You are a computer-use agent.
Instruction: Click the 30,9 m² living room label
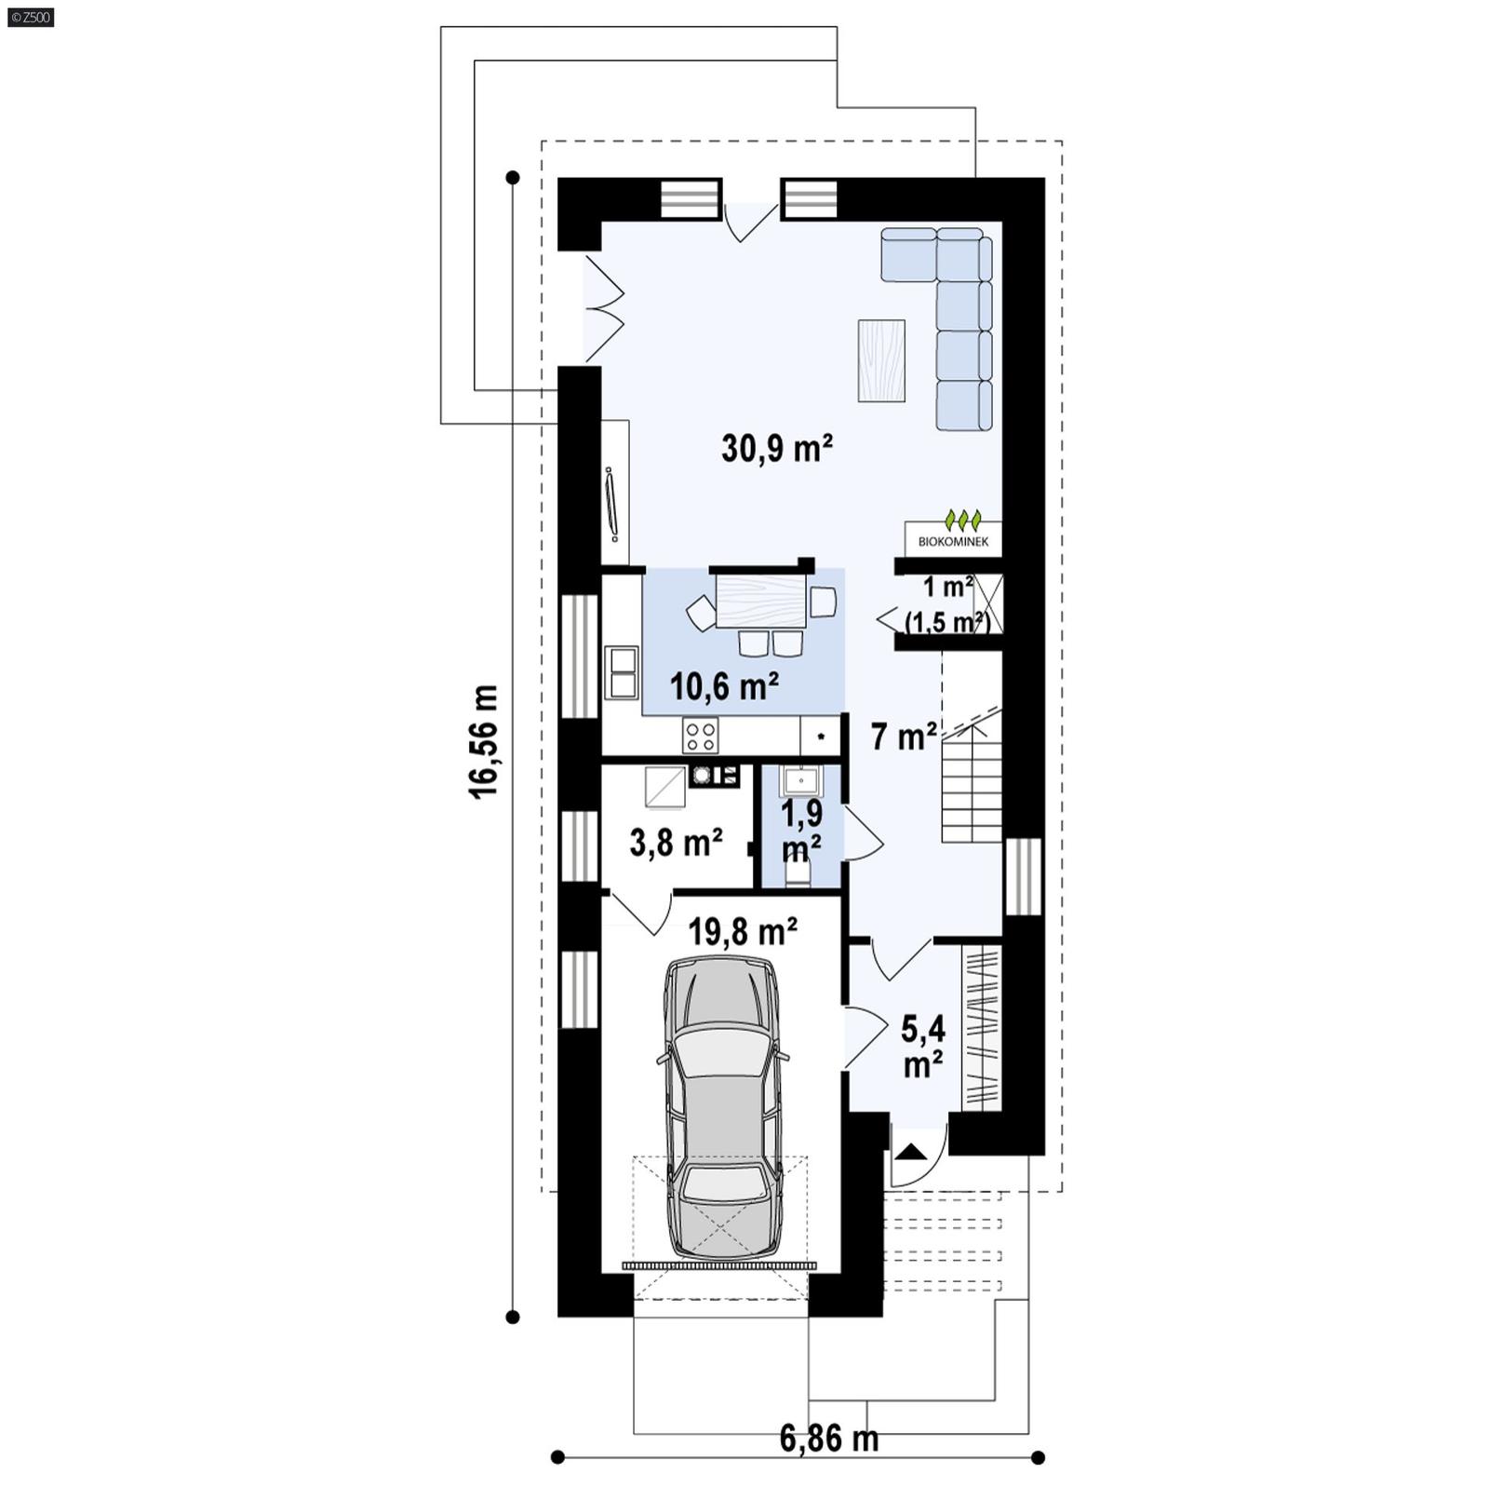pos(776,449)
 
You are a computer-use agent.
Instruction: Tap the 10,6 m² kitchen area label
pos(724,687)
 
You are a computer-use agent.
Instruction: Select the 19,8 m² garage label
pos(742,930)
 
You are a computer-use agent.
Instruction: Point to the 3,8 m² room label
pos(676,844)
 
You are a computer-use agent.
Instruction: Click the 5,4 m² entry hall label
pos(922,1047)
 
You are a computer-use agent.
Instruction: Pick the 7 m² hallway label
pos(903,737)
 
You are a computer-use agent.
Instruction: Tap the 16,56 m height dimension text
pos(485,741)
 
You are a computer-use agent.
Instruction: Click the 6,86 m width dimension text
pos(828,1439)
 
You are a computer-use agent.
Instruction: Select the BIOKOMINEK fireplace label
pos(953,541)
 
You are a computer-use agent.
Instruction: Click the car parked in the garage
pos(722,1108)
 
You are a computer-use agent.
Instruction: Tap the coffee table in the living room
pos(880,360)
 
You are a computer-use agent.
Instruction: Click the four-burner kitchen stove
pos(700,736)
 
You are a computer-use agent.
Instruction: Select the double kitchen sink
pos(621,672)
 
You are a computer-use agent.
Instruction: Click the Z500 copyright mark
pos(31,17)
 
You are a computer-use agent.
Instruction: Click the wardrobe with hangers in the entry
pos(981,1028)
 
